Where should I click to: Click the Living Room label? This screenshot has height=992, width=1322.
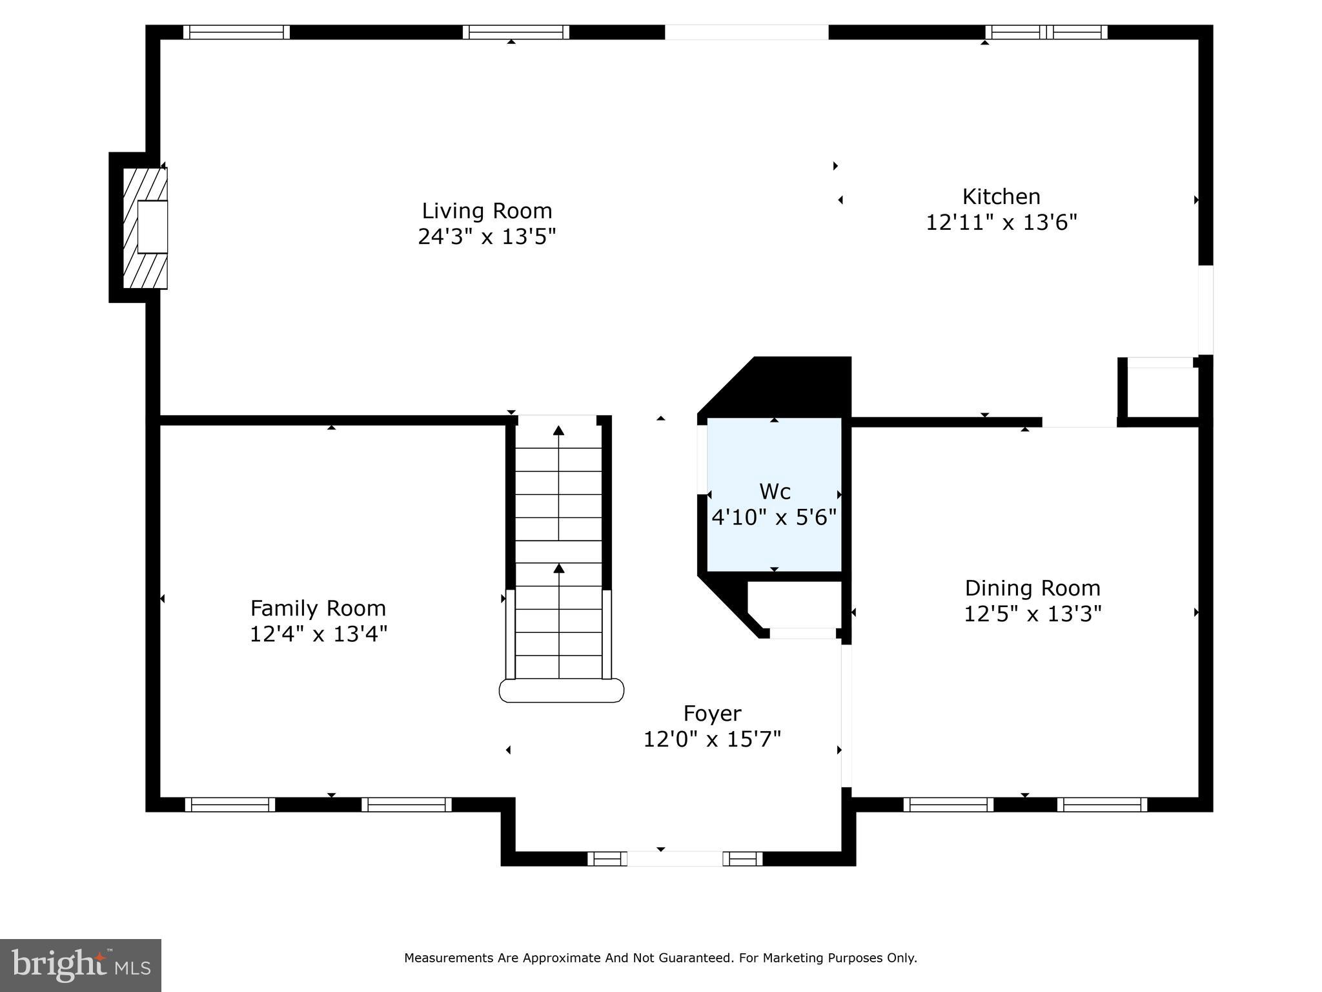(487, 211)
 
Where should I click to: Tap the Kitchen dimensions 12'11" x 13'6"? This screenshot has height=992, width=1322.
(1001, 223)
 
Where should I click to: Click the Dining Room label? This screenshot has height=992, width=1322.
(1032, 588)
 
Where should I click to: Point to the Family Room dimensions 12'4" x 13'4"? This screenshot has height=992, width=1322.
(318, 634)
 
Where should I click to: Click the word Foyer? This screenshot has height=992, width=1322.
(712, 713)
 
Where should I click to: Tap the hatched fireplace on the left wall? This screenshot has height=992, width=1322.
(146, 227)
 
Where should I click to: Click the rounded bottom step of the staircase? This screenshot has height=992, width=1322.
(562, 690)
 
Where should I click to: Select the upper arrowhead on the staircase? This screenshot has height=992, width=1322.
(559, 430)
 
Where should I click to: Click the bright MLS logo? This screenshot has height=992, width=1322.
(81, 965)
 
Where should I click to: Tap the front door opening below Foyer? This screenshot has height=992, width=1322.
(675, 858)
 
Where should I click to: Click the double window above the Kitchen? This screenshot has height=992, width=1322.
(1046, 32)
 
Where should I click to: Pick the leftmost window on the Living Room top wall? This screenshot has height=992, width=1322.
(236, 32)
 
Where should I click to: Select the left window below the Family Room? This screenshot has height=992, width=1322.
(230, 804)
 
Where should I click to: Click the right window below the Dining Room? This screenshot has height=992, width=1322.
(1102, 804)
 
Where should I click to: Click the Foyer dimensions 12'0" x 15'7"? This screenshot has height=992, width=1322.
(712, 739)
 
